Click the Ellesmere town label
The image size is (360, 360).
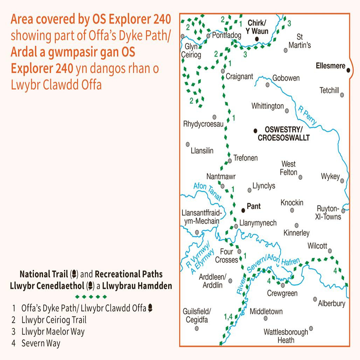(x=330, y=65)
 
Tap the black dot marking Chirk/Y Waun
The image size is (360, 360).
(x=257, y=39)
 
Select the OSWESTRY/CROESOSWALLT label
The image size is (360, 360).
(x=283, y=134)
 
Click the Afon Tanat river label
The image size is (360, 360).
(x=208, y=191)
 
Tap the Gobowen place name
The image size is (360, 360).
(x=286, y=78)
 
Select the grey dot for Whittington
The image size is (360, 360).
(x=287, y=111)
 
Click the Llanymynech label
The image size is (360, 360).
(x=258, y=223)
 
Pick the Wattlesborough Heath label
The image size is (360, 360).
(x=286, y=335)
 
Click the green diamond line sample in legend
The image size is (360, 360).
(x=91, y=297)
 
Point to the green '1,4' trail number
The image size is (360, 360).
(x=228, y=317)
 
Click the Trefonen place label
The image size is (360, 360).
(x=245, y=158)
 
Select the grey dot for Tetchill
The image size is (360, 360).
(x=342, y=95)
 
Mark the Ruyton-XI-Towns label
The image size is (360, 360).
(x=328, y=212)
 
